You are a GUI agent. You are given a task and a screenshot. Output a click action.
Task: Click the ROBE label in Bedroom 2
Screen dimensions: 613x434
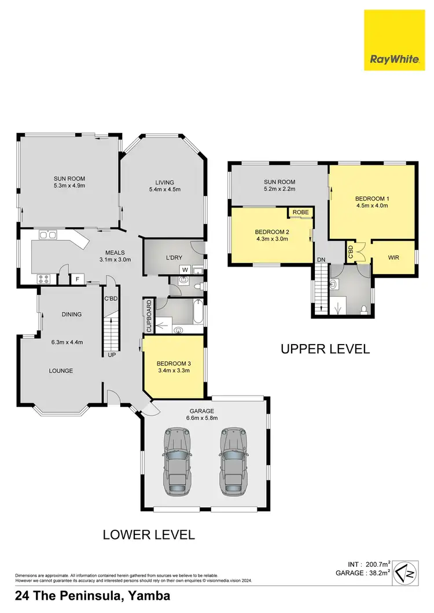tap(300, 213)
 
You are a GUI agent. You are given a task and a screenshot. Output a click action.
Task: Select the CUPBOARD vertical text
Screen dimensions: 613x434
tap(149, 316)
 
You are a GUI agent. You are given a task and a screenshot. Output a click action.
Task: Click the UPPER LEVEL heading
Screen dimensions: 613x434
tap(325, 349)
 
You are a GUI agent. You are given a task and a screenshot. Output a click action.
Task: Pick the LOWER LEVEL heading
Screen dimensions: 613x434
tap(149, 534)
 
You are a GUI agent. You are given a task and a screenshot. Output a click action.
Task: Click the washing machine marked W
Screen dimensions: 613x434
tap(185, 269)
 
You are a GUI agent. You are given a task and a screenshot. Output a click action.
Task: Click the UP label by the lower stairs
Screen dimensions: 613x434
tap(111, 355)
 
